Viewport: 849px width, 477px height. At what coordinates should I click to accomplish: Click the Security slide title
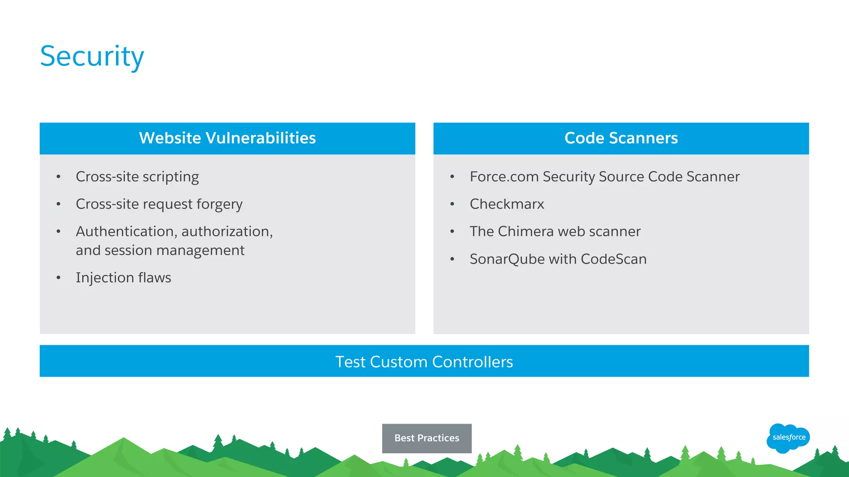coord(92,56)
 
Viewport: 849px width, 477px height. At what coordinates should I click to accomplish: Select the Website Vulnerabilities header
coord(227,138)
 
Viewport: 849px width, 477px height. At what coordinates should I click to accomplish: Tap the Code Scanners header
coord(621,138)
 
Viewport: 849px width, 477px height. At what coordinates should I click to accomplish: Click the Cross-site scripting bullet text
coord(137,177)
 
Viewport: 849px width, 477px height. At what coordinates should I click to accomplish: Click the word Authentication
coord(126,231)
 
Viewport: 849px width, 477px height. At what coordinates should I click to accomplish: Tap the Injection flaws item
coord(123,278)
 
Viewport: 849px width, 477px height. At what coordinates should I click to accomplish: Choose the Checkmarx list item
coord(507,204)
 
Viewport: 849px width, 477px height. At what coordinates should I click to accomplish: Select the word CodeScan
coord(614,259)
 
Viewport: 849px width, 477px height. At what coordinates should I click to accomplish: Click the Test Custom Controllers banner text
coord(424,362)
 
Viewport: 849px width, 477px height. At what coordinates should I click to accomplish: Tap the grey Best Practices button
coord(427,438)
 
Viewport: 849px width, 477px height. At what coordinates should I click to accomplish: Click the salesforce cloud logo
coord(788,438)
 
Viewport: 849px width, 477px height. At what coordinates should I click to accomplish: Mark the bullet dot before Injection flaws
coord(58,278)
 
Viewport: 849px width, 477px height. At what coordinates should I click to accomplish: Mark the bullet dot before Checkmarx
coord(452,204)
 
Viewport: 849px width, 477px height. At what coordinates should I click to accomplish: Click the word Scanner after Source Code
coord(713,177)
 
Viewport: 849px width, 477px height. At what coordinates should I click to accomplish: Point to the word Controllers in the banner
coord(472,362)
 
